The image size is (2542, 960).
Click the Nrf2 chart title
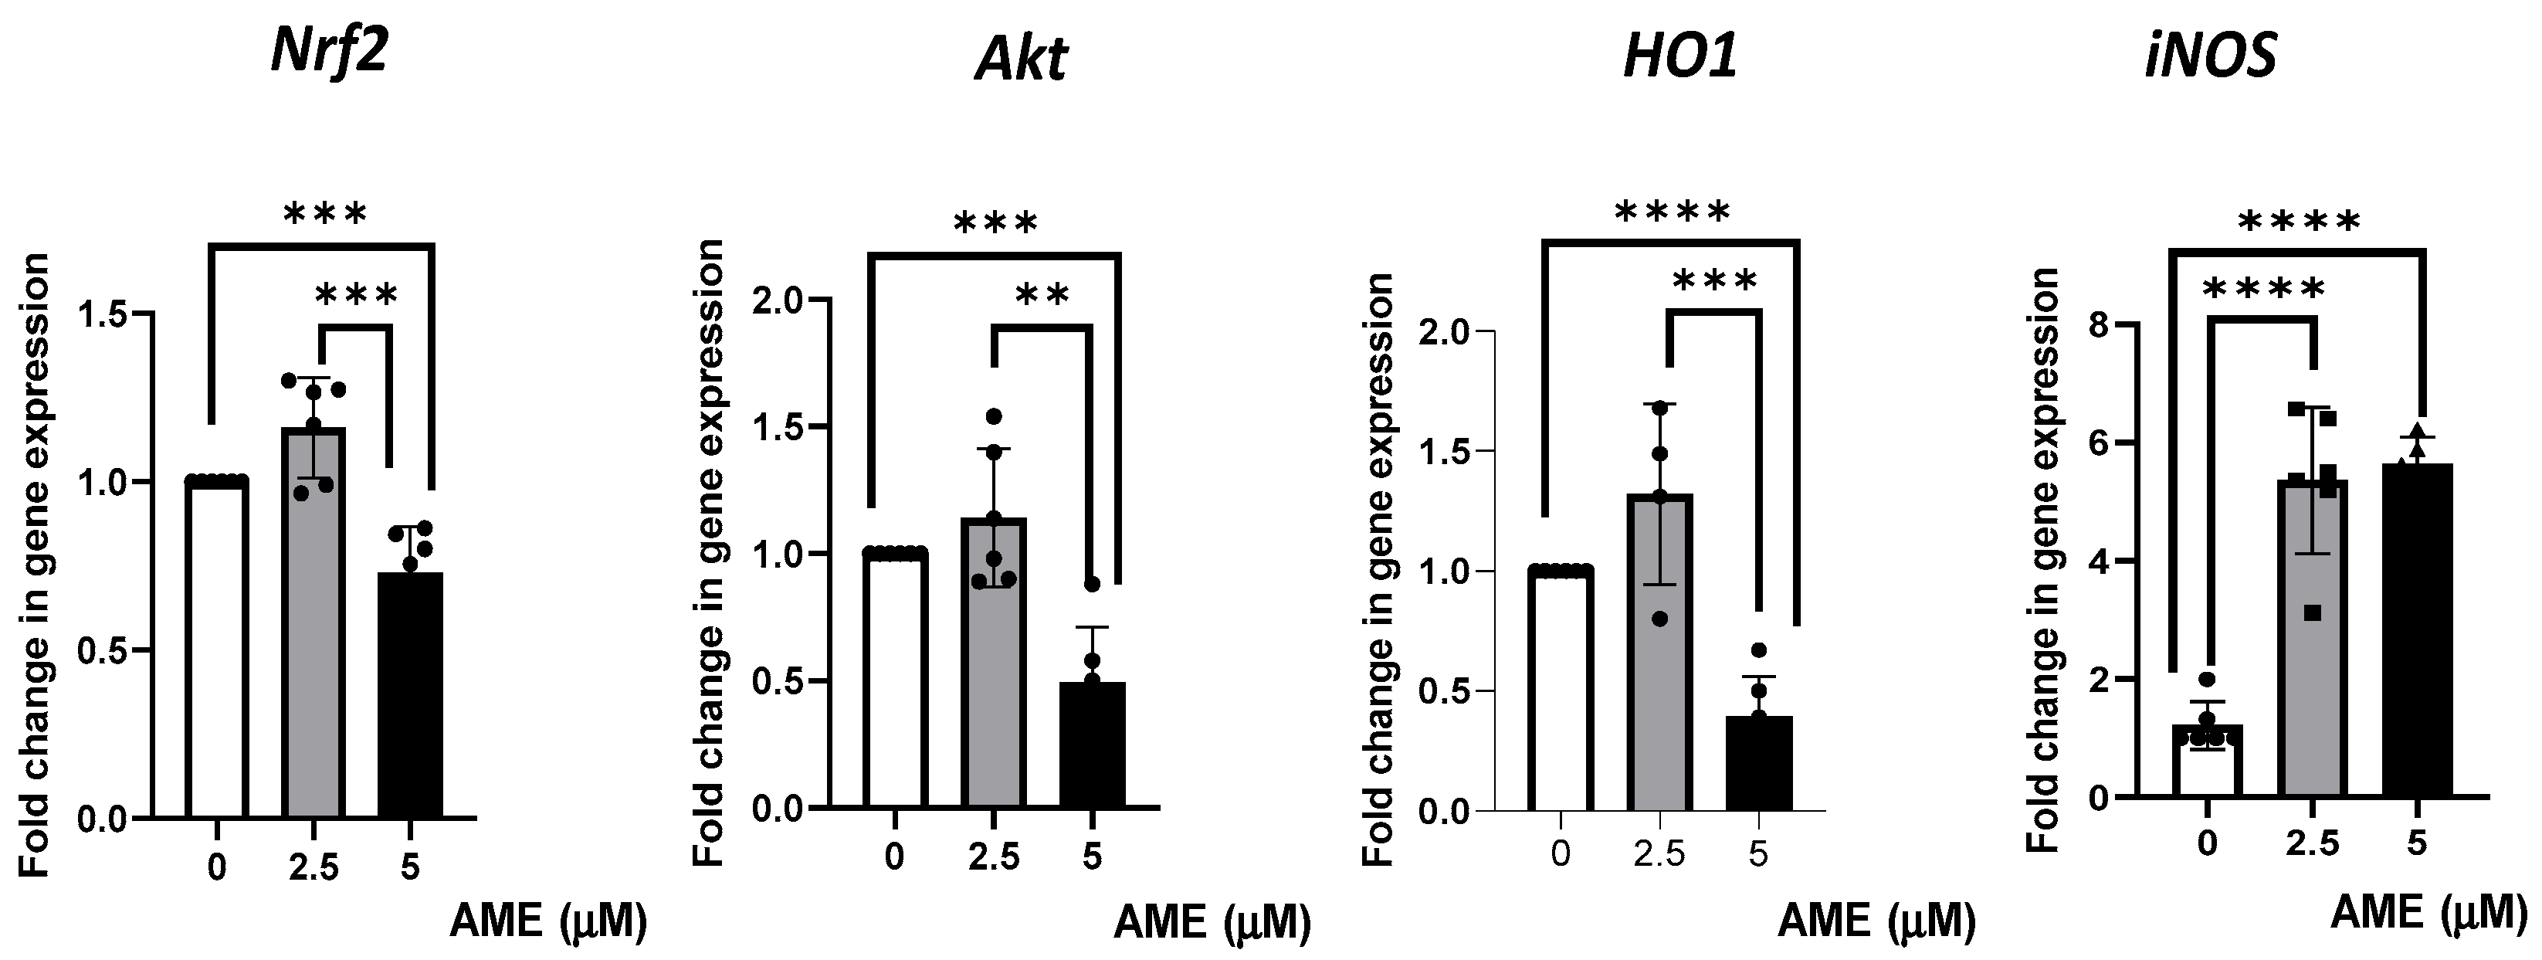tap(329, 51)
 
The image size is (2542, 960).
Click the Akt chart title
tap(1022, 59)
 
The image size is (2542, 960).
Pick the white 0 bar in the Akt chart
tap(895, 680)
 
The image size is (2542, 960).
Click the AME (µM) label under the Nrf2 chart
tap(549, 921)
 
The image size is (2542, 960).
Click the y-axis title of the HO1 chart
tap(1378, 570)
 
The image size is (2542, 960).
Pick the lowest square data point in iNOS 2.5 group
tap(2312, 612)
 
